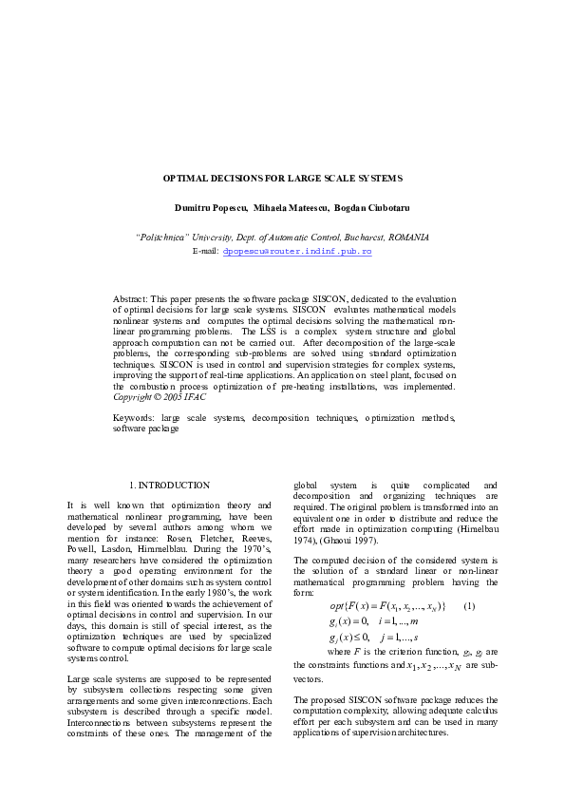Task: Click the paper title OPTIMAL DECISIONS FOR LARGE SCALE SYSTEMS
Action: [283, 178]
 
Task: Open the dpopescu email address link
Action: [296, 251]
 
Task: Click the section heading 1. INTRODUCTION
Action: [170, 486]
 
